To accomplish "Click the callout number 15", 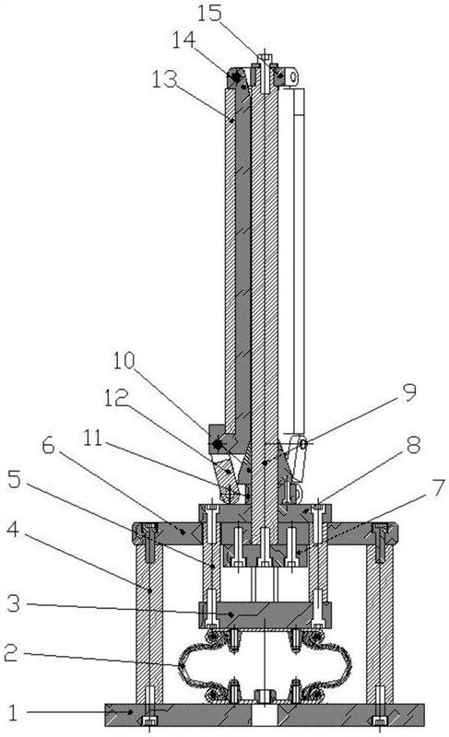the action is click(208, 13).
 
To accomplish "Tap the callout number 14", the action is click(183, 40).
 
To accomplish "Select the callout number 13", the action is click(164, 79).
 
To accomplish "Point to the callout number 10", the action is click(124, 360).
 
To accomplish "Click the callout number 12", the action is click(116, 399).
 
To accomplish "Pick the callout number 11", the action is click(92, 439).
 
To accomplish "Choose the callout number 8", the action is click(413, 445).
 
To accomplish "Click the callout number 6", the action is click(48, 446).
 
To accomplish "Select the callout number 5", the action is click(14, 479).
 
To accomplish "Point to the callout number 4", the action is click(13, 529).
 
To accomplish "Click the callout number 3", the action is click(13, 603).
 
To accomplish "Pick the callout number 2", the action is click(10, 653).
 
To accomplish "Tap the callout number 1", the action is click(12, 713).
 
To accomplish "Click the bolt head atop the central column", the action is click(265, 58).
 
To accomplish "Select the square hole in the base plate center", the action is click(265, 716).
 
